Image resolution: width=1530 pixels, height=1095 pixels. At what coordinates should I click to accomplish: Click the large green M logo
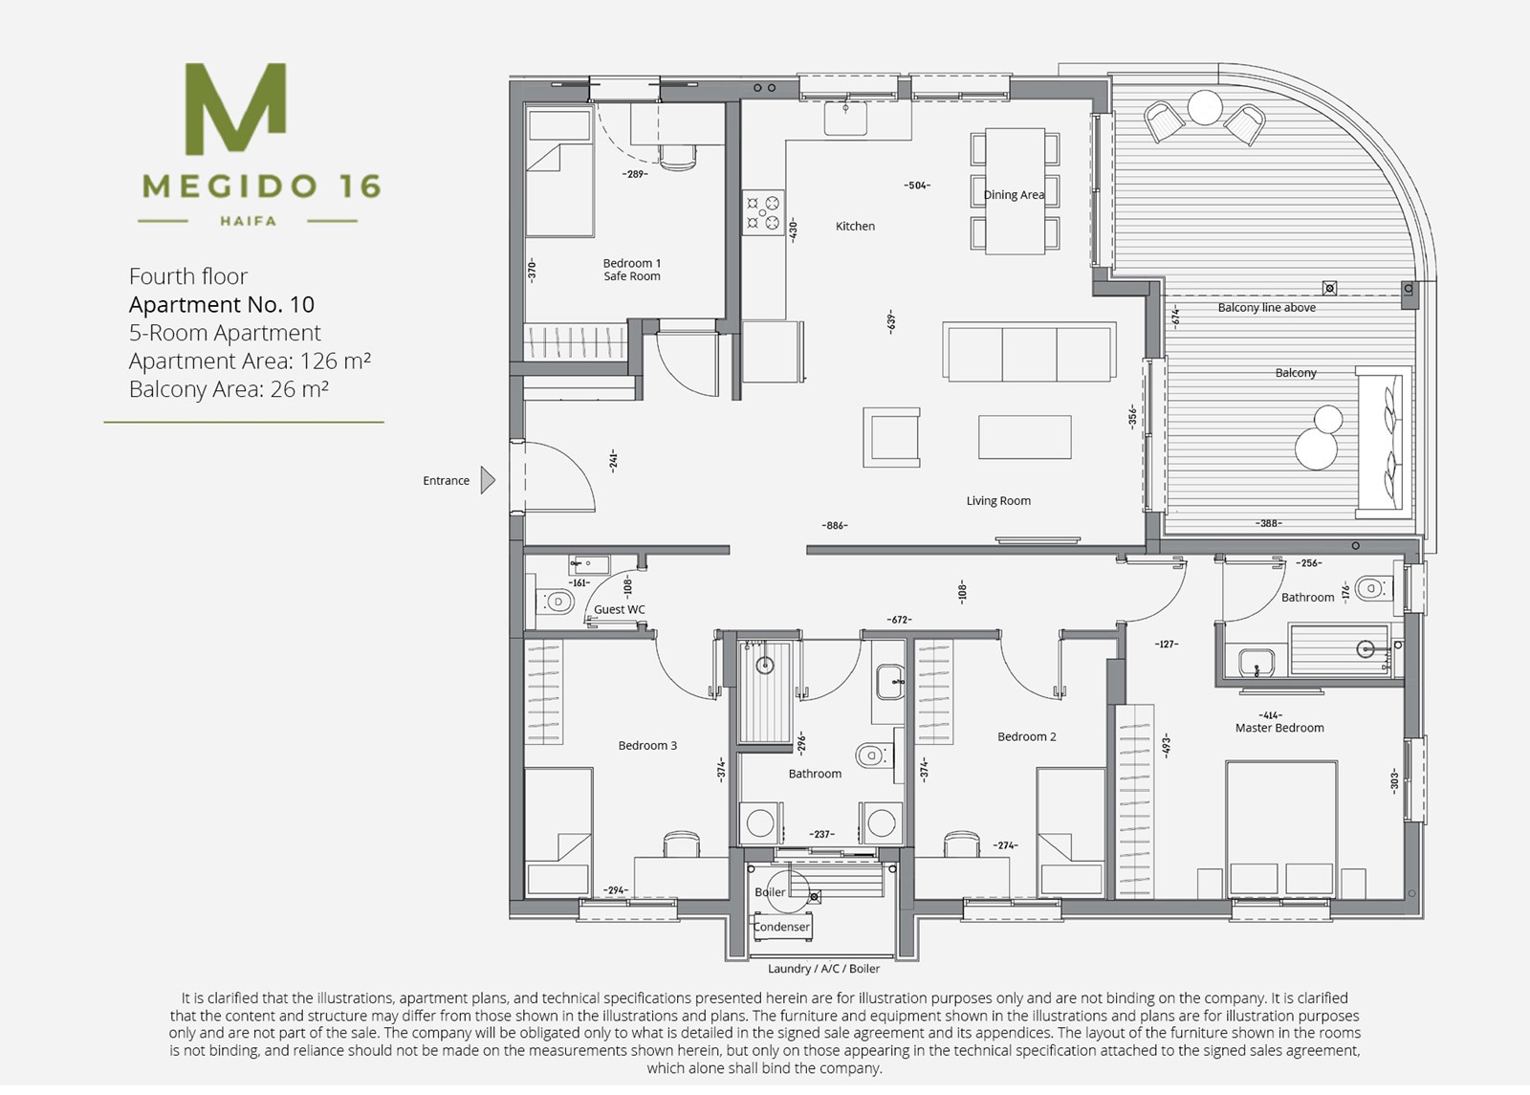[x=235, y=109]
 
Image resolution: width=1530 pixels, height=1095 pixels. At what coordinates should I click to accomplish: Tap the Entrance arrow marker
[x=488, y=480]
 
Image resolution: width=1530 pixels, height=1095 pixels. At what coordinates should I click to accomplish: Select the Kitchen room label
[x=855, y=226]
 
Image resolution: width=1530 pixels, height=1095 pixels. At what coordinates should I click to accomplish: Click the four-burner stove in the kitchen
[x=763, y=212]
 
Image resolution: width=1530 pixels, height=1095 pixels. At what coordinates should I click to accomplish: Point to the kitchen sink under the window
[x=845, y=119]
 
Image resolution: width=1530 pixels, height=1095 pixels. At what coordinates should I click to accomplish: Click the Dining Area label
[x=1014, y=195]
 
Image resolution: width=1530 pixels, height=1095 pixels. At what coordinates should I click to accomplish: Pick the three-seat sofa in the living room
[x=1029, y=352]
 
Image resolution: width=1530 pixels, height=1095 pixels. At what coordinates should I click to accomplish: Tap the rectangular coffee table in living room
[x=1024, y=437]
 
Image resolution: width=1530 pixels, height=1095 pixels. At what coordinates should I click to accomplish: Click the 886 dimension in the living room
[x=835, y=525]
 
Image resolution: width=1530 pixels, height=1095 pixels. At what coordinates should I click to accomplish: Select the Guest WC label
[x=619, y=609]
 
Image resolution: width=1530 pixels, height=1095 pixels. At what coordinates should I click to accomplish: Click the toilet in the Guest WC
[x=555, y=602]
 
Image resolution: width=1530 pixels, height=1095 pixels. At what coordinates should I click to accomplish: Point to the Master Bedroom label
[x=1279, y=728]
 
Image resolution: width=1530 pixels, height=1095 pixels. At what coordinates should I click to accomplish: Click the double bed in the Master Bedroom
[x=1281, y=829]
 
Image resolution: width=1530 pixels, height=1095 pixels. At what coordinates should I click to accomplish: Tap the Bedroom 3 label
[x=647, y=745]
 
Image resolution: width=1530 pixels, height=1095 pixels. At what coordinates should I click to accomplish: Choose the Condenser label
[x=781, y=927]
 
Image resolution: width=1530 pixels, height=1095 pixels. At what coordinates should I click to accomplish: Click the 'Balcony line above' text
[x=1266, y=307]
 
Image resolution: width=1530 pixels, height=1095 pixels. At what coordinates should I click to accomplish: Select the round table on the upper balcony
[x=1205, y=107]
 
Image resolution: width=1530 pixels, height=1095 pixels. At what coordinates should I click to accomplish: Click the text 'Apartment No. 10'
[x=222, y=305]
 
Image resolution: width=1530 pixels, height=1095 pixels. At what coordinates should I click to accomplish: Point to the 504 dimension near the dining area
[x=917, y=186]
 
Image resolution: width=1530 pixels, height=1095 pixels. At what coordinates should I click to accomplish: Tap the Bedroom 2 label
[x=1027, y=736]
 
